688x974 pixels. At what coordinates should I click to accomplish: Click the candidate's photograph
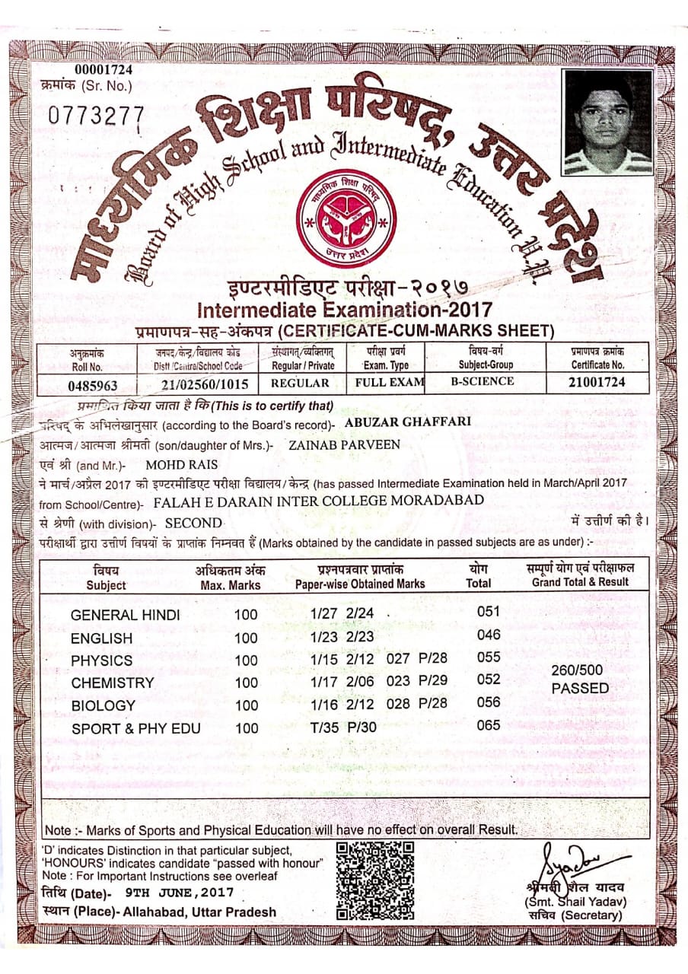pyautogui.click(x=608, y=121)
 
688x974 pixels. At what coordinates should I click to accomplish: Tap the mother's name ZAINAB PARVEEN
pyautogui.click(x=345, y=444)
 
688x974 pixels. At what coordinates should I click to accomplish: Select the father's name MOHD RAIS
pyautogui.click(x=181, y=464)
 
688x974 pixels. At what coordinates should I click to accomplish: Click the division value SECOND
pyautogui.click(x=193, y=524)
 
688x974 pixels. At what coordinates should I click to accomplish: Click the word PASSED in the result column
pyautogui.click(x=580, y=688)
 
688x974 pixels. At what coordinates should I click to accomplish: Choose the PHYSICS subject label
pyautogui.click(x=101, y=660)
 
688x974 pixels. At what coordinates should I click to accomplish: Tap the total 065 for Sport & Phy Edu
pyautogui.click(x=489, y=725)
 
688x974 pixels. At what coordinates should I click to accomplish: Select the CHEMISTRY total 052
pyautogui.click(x=489, y=680)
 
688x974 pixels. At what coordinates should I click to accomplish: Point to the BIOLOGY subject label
pyautogui.click(x=103, y=706)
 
